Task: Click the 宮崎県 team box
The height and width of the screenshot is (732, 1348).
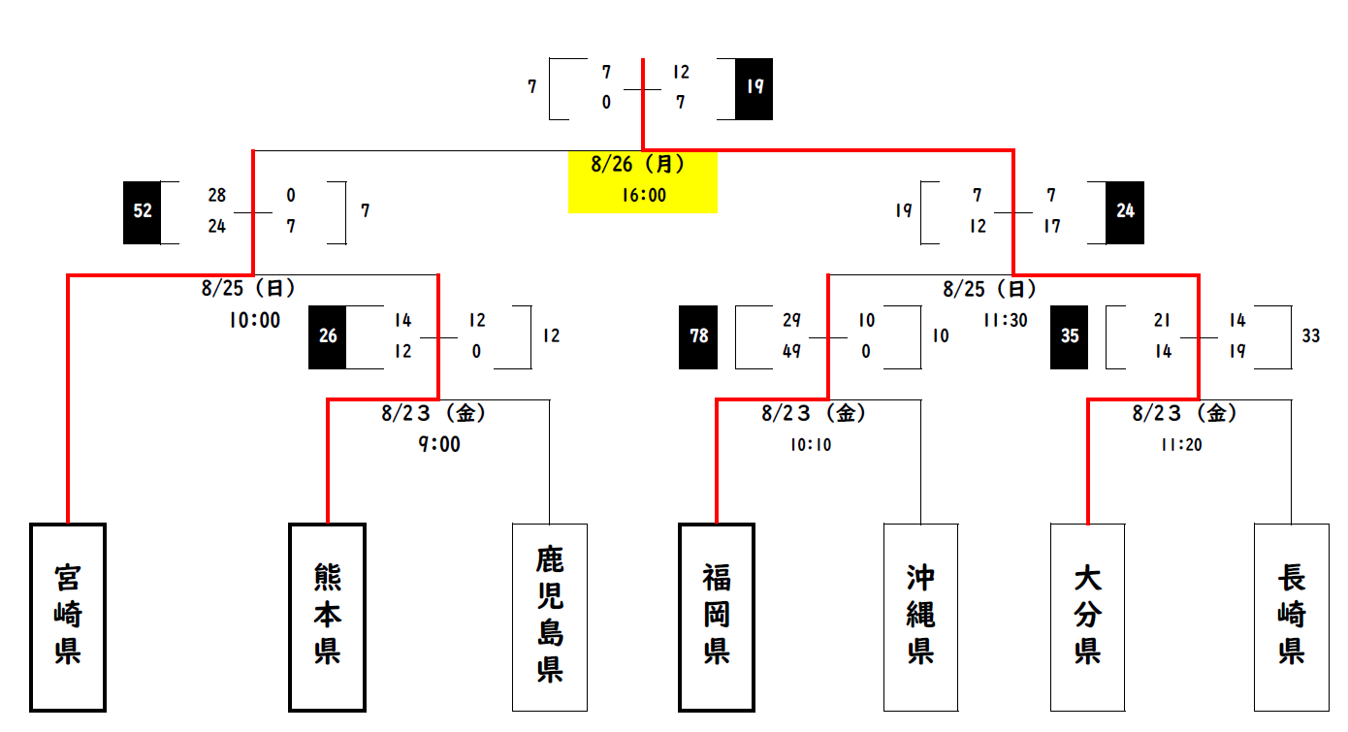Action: [68, 618]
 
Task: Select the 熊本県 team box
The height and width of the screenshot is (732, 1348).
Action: [328, 618]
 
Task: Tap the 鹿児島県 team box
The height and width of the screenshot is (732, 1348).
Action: [550, 618]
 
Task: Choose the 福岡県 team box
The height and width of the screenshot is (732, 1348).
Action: [717, 618]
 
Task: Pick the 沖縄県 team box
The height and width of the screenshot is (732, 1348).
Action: [920, 618]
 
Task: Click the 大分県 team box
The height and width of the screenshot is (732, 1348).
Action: [1087, 618]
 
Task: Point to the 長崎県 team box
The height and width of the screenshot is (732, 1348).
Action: [1291, 618]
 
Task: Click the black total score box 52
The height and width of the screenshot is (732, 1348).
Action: [143, 211]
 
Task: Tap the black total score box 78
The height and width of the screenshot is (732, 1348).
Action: [699, 336]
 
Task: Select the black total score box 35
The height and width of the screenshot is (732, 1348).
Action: [1070, 336]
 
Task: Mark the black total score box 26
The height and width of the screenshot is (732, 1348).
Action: [328, 336]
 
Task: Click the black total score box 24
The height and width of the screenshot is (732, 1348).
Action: [1125, 211]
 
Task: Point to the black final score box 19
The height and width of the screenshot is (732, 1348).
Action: [754, 87]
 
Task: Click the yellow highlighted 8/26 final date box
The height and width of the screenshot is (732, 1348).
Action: [642, 180]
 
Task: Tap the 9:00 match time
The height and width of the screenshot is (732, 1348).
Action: [439, 444]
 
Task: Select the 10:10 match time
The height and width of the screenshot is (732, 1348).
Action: [810, 445]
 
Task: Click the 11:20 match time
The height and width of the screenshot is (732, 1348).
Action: [1180, 445]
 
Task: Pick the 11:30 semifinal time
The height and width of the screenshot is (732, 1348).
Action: [1005, 320]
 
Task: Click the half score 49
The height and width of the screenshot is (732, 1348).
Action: [792, 352]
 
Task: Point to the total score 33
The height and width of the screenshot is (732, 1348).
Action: [1311, 336]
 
